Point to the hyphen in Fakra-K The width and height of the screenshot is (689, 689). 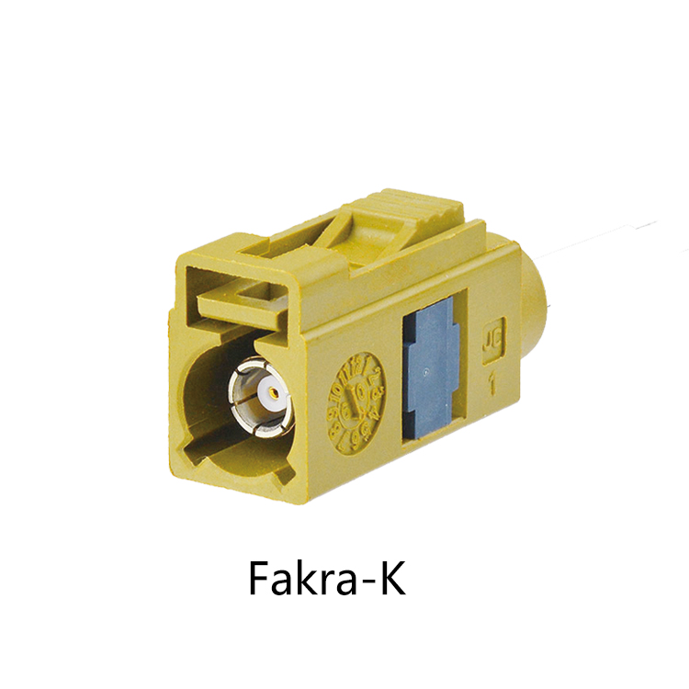pyautogui.click(x=365, y=582)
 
